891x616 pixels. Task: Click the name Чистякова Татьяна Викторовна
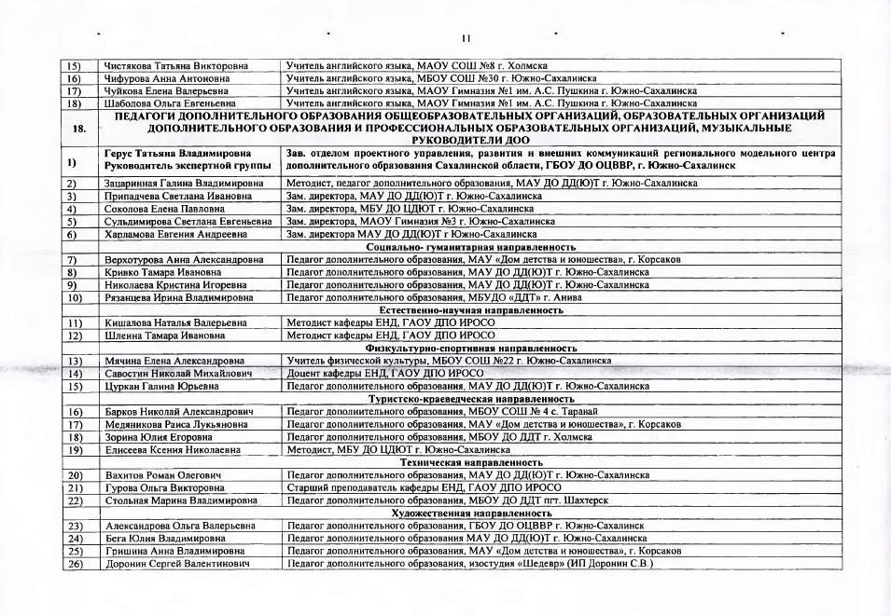coord(176,66)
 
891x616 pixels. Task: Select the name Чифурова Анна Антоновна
coord(168,78)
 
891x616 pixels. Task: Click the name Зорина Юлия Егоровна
coord(160,436)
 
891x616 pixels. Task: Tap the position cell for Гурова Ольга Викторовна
coord(424,487)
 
